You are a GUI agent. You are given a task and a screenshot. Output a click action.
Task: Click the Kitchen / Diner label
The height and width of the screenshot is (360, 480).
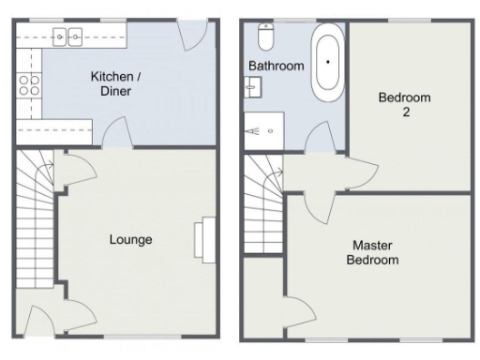click(x=111, y=83)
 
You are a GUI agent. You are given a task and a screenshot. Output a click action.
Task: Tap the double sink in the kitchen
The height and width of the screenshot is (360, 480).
click(x=67, y=37)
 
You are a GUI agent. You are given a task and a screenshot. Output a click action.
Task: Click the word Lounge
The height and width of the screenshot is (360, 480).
click(x=130, y=239)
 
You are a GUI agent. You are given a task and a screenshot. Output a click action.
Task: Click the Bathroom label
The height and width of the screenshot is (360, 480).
click(x=276, y=66)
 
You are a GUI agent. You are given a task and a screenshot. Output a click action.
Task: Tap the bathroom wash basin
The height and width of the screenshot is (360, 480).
click(x=253, y=88)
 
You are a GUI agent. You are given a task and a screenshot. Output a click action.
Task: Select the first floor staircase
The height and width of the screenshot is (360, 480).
click(x=262, y=211)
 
